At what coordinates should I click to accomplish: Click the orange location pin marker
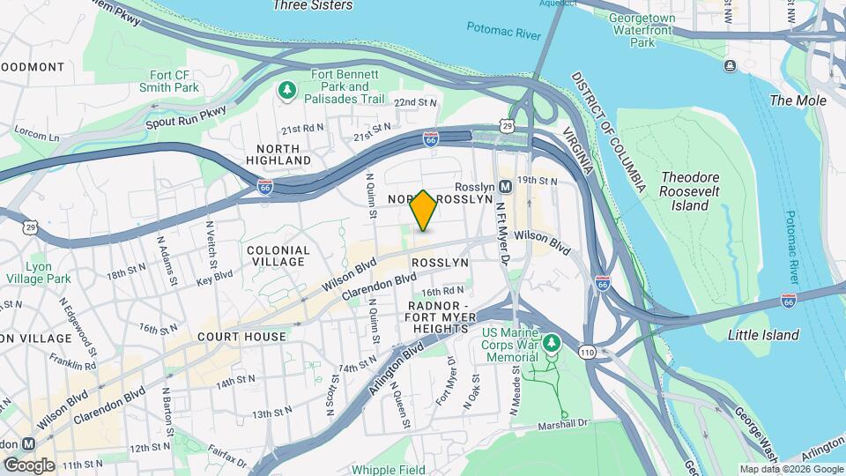coord(423,210)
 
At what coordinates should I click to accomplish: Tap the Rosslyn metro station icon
coord(506,187)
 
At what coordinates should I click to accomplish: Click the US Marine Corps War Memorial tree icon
coord(552,342)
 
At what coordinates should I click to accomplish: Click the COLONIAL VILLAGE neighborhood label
coord(278,257)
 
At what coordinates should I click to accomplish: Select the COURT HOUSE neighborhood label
coord(241,337)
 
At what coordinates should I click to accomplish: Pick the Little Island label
coord(763,335)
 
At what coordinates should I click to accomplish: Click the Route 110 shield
coord(587,353)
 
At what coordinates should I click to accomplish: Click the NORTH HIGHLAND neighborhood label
coord(284,155)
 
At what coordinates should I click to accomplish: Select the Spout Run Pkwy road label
coord(189,117)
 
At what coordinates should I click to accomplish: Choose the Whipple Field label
coord(387,470)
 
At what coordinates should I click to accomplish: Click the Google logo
coord(29,465)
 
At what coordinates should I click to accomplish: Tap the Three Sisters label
coord(313,5)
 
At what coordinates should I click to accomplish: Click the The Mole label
coord(798,100)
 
